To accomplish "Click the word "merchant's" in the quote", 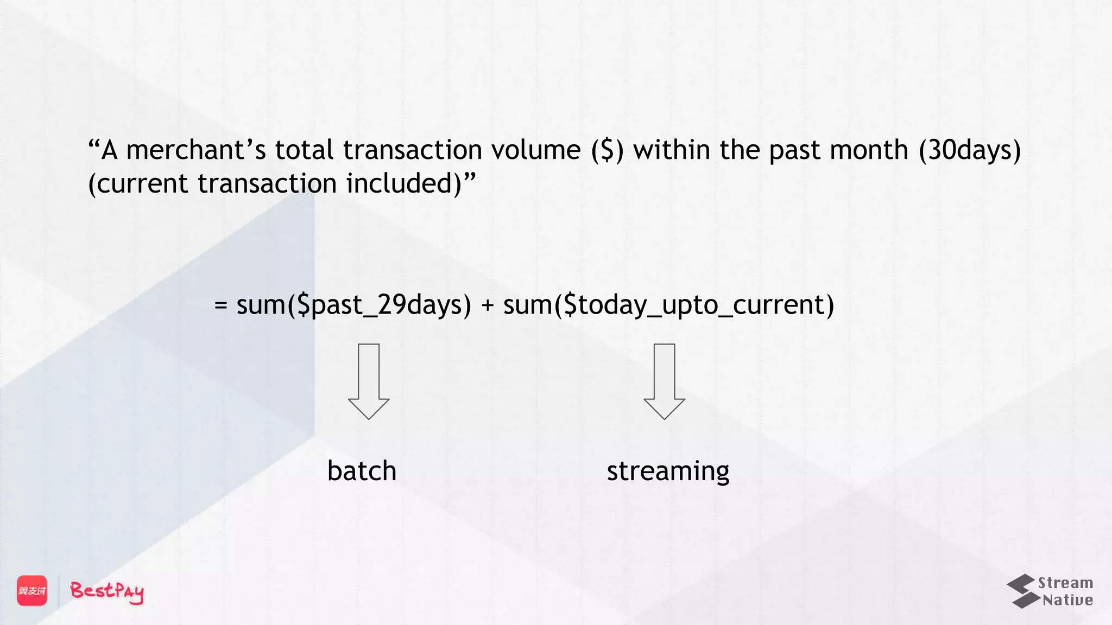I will point(196,150).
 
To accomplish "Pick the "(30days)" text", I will point(970,150).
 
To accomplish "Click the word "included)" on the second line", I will point(404,183).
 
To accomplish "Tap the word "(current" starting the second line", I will point(138,184).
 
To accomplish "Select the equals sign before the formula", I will point(220,305).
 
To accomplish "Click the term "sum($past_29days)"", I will point(354,305).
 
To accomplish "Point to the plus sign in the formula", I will point(488,305).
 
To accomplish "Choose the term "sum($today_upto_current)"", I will point(668,305).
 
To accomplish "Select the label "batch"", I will point(362,470).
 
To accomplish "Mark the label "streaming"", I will point(668,471).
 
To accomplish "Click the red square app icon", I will point(32,590).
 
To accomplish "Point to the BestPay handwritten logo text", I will point(107,591).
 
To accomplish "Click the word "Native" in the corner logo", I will point(1067,600).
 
